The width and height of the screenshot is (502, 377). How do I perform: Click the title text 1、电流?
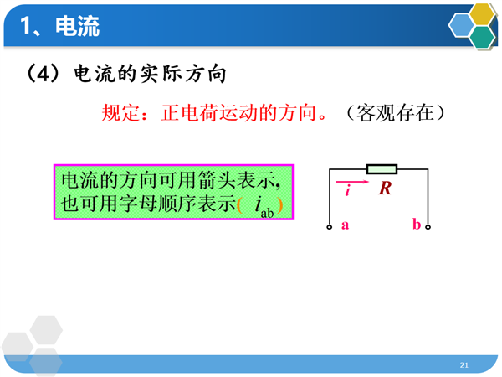[x=60, y=26]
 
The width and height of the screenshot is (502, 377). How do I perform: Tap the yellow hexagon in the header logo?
[x=482, y=14]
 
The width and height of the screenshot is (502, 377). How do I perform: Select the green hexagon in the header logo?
[x=483, y=37]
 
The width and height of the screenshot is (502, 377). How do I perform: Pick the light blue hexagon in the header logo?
[x=461, y=26]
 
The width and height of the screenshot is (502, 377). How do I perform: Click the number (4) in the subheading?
[x=43, y=74]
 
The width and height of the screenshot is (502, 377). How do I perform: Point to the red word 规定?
[x=120, y=113]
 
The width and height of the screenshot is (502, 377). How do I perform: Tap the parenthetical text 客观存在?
[x=396, y=113]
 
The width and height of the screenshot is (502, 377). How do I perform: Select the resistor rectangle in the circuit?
[x=382, y=169]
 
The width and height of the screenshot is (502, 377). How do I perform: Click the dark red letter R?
[x=385, y=188]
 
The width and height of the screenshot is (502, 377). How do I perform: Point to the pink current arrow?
[x=352, y=182]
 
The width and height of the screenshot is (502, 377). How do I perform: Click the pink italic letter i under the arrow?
[x=348, y=190]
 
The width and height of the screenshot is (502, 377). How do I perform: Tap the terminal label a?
[x=345, y=225]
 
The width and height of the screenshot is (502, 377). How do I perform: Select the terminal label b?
[x=417, y=224]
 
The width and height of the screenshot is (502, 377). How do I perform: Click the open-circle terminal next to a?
[x=330, y=227]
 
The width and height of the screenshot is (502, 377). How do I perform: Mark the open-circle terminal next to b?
[x=428, y=227]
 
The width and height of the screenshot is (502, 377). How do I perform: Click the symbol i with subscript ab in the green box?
[x=264, y=207]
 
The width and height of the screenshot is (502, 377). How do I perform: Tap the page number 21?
[x=464, y=364]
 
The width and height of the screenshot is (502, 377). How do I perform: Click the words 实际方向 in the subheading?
[x=183, y=74]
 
